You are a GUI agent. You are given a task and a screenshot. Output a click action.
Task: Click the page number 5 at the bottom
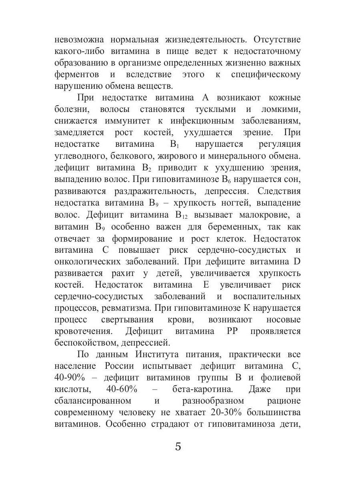pos(178,446)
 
